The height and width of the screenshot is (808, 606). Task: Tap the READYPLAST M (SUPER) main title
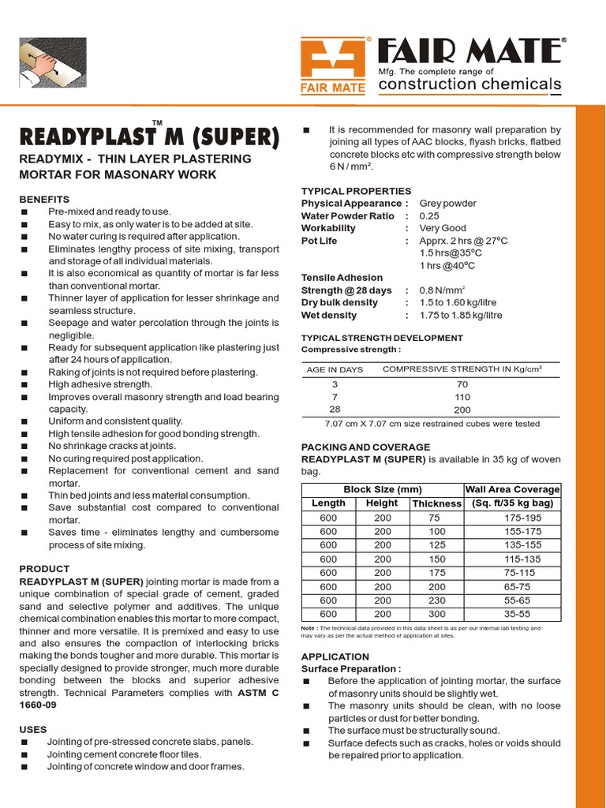point(148,137)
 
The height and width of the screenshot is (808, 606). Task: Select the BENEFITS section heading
point(45,199)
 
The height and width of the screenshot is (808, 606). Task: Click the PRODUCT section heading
point(44,569)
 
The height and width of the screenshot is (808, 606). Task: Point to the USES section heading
point(32,730)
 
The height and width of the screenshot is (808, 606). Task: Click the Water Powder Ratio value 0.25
point(429,215)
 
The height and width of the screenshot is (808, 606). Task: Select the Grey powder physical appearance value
point(447,203)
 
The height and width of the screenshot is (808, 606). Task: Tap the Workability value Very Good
point(443,228)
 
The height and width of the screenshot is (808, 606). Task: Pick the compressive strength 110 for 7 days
point(462,398)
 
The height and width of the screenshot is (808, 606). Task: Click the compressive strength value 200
point(462,410)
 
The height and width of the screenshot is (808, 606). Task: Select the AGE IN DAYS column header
point(335,369)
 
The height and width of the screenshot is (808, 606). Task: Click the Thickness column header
point(436,503)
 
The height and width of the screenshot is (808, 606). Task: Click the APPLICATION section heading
point(335,656)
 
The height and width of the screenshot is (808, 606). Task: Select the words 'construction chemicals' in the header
point(470,84)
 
